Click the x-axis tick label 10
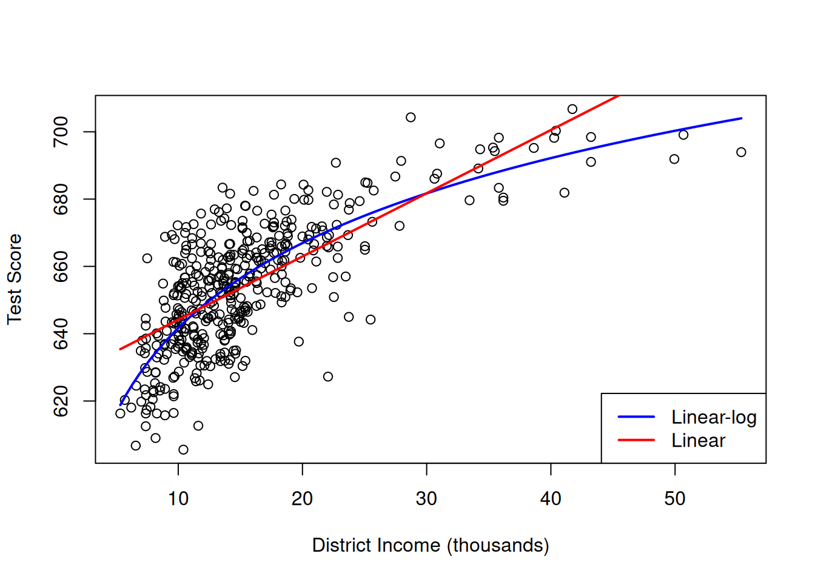178,499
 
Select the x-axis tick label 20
302,499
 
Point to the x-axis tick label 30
426,499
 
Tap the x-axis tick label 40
551,499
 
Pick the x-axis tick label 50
674,499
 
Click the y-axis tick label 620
61,401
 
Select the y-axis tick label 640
61,334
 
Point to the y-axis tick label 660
61,267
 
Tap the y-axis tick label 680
61,199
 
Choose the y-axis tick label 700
61,132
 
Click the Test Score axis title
15,279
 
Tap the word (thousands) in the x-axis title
498,546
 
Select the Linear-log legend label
714,418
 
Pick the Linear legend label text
698,441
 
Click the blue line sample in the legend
636,417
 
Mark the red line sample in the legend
636,440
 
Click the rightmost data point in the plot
741,152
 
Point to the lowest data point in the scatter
183,450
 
